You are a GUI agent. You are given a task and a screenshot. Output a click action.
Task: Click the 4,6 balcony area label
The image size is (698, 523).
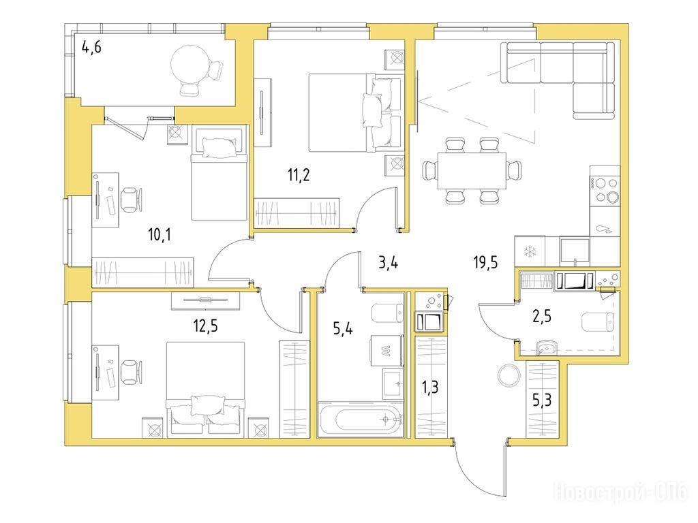pyautogui.click(x=91, y=46)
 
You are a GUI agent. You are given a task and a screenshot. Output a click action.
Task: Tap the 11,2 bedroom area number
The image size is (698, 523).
pyautogui.click(x=299, y=175)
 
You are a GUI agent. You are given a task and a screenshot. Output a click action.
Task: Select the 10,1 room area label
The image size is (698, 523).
pyautogui.click(x=160, y=234)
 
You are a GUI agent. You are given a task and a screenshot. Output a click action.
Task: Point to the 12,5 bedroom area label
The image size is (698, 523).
pyautogui.click(x=205, y=326)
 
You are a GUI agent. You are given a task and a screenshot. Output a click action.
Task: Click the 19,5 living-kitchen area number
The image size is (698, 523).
pyautogui.click(x=485, y=263)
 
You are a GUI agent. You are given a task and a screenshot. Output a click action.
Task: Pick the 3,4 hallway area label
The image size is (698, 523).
pyautogui.click(x=388, y=263)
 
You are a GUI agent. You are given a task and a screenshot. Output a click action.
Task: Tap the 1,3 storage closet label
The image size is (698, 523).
pyautogui.click(x=430, y=387)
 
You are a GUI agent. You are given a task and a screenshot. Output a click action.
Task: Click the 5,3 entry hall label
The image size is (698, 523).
pyautogui.click(x=542, y=400)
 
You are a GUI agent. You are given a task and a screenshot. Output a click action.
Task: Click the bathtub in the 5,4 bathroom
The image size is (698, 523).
pyautogui.click(x=361, y=419)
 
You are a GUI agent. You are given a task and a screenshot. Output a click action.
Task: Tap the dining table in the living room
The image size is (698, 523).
pyautogui.click(x=472, y=171)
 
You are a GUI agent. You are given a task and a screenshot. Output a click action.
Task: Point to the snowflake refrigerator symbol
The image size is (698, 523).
pyautogui.click(x=530, y=252)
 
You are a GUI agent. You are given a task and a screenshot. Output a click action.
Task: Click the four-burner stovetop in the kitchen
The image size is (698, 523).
pyautogui.click(x=605, y=190)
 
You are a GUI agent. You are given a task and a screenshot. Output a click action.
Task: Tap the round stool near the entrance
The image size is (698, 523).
pyautogui.click(x=509, y=375)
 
